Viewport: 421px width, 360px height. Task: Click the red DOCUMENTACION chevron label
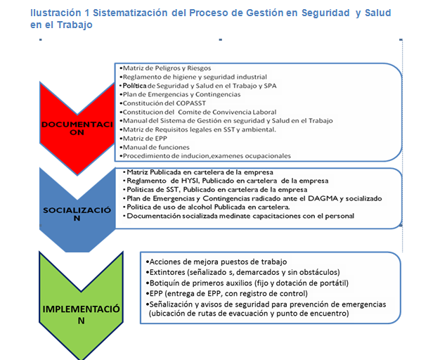click(77, 129)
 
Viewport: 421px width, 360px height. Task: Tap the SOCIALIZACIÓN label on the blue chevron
click(77, 214)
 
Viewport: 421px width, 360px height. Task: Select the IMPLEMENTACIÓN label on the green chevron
click(81, 314)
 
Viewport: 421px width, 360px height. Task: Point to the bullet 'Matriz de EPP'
click(143, 139)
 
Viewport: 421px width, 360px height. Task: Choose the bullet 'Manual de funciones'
click(155, 148)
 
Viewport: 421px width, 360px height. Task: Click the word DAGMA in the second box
click(323, 198)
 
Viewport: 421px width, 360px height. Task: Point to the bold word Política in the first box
click(134, 86)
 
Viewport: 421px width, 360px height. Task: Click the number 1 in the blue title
click(86, 13)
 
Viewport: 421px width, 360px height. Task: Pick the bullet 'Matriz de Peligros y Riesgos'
click(165, 68)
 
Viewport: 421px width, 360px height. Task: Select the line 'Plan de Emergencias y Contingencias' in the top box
click(180, 94)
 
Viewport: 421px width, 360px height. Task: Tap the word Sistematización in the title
click(130, 13)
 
